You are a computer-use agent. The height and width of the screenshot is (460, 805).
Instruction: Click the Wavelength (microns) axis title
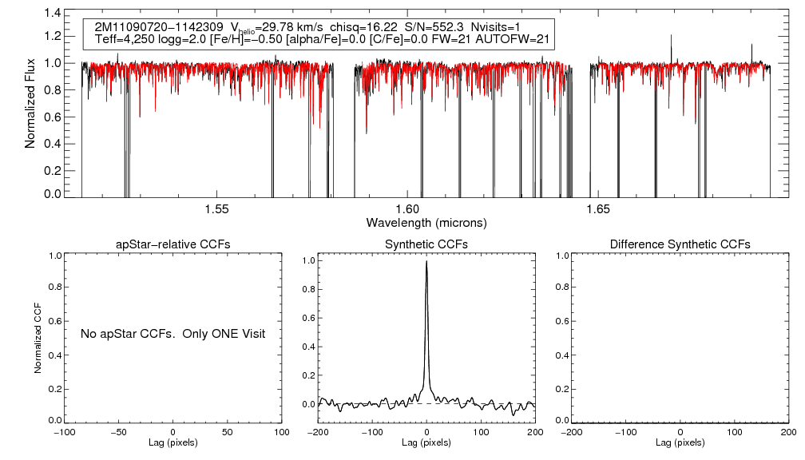[426, 222]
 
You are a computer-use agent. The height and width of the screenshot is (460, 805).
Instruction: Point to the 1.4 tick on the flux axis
[53, 14]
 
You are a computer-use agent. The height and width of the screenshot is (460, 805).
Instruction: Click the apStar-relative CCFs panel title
[172, 244]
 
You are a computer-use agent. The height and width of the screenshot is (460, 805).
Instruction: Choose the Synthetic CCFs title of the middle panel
[426, 244]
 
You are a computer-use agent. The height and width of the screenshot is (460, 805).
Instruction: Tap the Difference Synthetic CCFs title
[680, 244]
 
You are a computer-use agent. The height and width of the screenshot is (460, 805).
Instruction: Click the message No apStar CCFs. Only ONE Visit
[172, 333]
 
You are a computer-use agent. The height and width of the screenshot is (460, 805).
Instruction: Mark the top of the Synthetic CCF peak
[427, 261]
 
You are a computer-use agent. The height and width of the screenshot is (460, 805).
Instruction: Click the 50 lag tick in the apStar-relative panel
[228, 432]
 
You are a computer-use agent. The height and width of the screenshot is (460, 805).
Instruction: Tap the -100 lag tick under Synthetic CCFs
[371, 432]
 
